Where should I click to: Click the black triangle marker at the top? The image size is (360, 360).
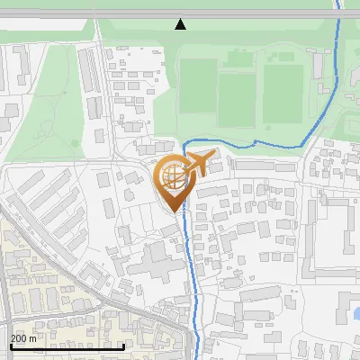click(181, 24)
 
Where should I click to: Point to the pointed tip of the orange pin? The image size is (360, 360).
click(175, 211)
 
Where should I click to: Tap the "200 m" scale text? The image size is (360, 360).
click(24, 339)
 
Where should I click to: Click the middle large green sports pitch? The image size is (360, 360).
click(238, 98)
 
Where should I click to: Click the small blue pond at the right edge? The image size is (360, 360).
click(356, 313)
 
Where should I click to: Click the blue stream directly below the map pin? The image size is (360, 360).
click(189, 261)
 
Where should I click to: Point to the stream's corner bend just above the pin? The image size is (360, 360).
click(185, 145)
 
